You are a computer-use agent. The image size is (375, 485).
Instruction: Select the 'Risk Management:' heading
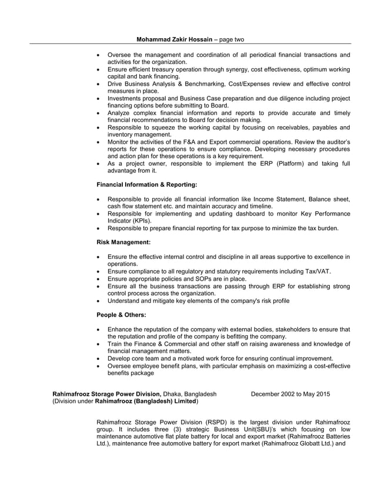point(123,242)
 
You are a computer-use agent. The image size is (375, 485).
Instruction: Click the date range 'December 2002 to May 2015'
point(290,394)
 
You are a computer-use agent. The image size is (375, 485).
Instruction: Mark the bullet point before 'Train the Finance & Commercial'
point(98,344)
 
